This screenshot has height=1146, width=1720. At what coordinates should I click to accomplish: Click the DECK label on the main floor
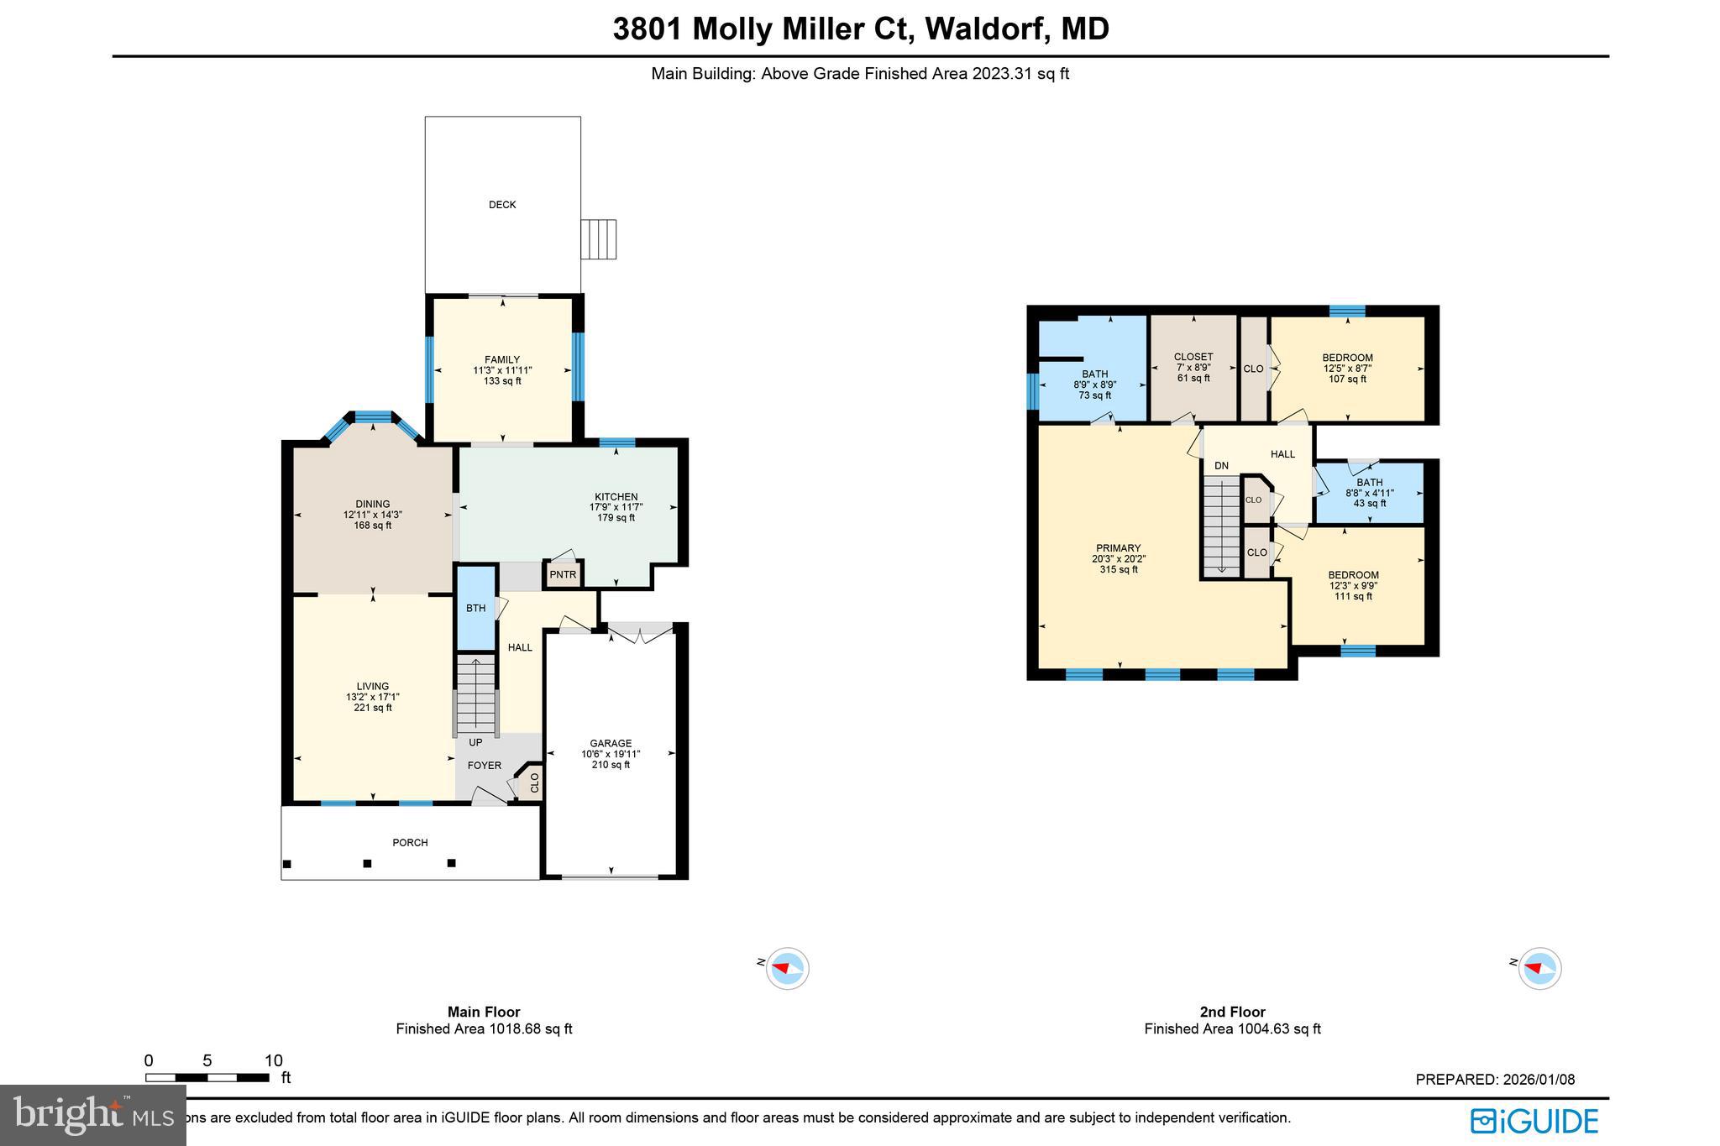pos(502,205)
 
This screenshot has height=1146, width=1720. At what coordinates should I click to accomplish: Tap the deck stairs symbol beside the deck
pos(599,239)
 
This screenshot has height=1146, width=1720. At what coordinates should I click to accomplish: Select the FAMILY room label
pos(502,360)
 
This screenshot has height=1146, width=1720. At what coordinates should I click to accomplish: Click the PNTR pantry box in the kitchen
pos(564,575)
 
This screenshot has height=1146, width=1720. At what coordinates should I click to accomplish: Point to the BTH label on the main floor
pos(476,608)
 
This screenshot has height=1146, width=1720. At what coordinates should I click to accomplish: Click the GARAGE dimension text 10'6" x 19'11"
pos(611,754)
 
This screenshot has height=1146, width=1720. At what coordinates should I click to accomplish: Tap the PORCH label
pos(411,842)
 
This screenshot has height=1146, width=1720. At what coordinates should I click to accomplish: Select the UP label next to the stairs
pos(475,742)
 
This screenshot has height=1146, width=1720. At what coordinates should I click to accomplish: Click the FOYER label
pos(485,765)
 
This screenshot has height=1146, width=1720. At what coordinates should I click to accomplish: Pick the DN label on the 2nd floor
pos(1221,465)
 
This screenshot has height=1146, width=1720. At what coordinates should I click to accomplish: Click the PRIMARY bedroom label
pos(1118,548)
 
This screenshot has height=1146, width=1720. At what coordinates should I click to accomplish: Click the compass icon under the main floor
pos(788,968)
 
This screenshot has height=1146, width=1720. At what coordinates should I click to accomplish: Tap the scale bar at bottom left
pos(207,1077)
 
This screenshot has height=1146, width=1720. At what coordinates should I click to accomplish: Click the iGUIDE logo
pos(1534,1122)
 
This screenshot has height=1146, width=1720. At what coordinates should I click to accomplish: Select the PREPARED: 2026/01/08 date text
pos(1495,1080)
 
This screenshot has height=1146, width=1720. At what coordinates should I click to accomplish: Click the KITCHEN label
pos(616,497)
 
